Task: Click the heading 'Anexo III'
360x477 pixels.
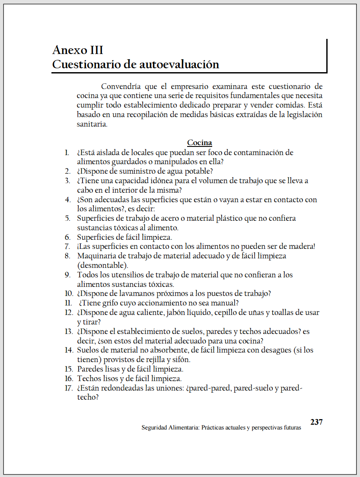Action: coord(78,50)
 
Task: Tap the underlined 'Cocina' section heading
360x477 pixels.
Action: coord(199,143)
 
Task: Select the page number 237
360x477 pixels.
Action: coord(316,422)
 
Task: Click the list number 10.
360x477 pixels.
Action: coord(69,293)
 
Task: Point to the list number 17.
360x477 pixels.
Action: coord(69,388)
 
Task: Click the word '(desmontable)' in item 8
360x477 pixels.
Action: coord(102,265)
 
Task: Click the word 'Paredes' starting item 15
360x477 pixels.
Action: coord(91,369)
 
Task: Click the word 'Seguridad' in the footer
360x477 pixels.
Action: coord(155,427)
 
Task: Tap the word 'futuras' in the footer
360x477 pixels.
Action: coord(291,427)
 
